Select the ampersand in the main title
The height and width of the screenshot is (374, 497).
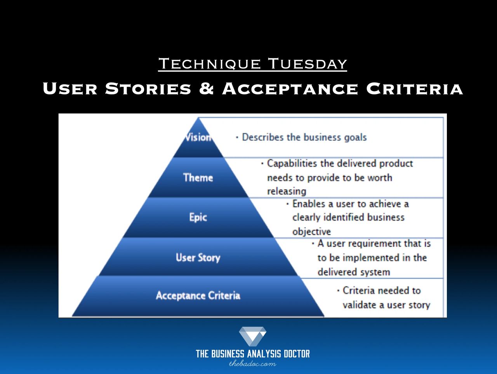[x=207, y=88]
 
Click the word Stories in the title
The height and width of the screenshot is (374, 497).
[x=148, y=88]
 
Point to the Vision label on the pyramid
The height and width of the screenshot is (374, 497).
[x=198, y=137]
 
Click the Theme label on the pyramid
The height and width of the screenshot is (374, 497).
[x=198, y=178]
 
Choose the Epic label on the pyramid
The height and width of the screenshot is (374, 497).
[x=198, y=217]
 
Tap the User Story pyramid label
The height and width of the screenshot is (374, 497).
[x=198, y=258]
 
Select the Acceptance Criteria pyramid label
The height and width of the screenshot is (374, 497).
[x=198, y=295]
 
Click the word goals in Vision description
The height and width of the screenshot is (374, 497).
[x=356, y=138]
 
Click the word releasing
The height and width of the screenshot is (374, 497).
[x=287, y=191]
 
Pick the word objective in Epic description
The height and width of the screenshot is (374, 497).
[x=311, y=232]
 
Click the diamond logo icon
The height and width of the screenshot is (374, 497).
[x=253, y=336]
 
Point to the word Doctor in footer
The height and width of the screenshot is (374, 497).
[x=297, y=354]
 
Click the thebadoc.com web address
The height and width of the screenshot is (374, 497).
[x=253, y=364]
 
